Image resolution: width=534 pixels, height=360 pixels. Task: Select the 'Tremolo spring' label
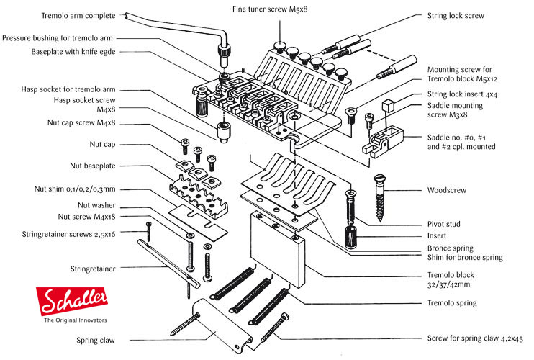452,303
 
